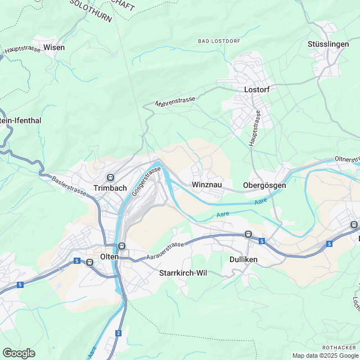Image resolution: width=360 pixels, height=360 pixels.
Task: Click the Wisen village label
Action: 54,47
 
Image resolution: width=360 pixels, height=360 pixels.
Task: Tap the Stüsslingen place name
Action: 328,44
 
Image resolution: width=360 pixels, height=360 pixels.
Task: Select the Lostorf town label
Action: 256,89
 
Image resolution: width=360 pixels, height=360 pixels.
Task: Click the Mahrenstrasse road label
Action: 175,102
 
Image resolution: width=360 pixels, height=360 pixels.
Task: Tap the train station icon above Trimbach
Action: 111,177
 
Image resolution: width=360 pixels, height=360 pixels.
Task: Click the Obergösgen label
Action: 264,185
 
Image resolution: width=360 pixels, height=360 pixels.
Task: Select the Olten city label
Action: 109,256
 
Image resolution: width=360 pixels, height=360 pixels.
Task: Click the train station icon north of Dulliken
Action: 247,234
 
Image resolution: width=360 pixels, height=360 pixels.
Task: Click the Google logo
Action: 19,353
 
